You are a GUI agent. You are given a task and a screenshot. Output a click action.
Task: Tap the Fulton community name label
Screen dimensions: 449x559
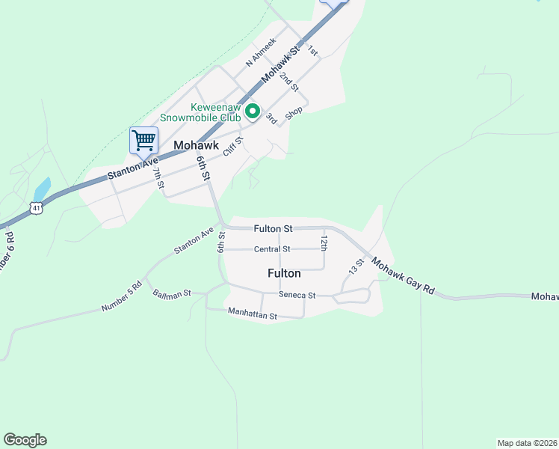coord(284,274)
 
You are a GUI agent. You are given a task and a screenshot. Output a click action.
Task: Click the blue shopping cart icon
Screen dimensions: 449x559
coord(143,139)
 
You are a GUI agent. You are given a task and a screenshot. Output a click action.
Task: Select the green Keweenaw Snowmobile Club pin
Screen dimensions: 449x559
coord(253,112)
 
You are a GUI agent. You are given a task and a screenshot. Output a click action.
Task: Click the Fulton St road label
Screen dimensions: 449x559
coord(272,228)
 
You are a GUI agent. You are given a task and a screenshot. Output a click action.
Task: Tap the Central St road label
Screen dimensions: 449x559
coord(272,249)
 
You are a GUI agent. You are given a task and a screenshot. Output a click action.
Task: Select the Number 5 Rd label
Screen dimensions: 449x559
coord(122,297)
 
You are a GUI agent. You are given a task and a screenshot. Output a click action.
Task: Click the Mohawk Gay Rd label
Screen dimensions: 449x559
coord(403,276)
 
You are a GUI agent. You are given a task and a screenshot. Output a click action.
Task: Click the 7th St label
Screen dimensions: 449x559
coord(158,178)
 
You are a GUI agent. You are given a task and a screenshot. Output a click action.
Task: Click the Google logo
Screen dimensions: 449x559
coord(25,440)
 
